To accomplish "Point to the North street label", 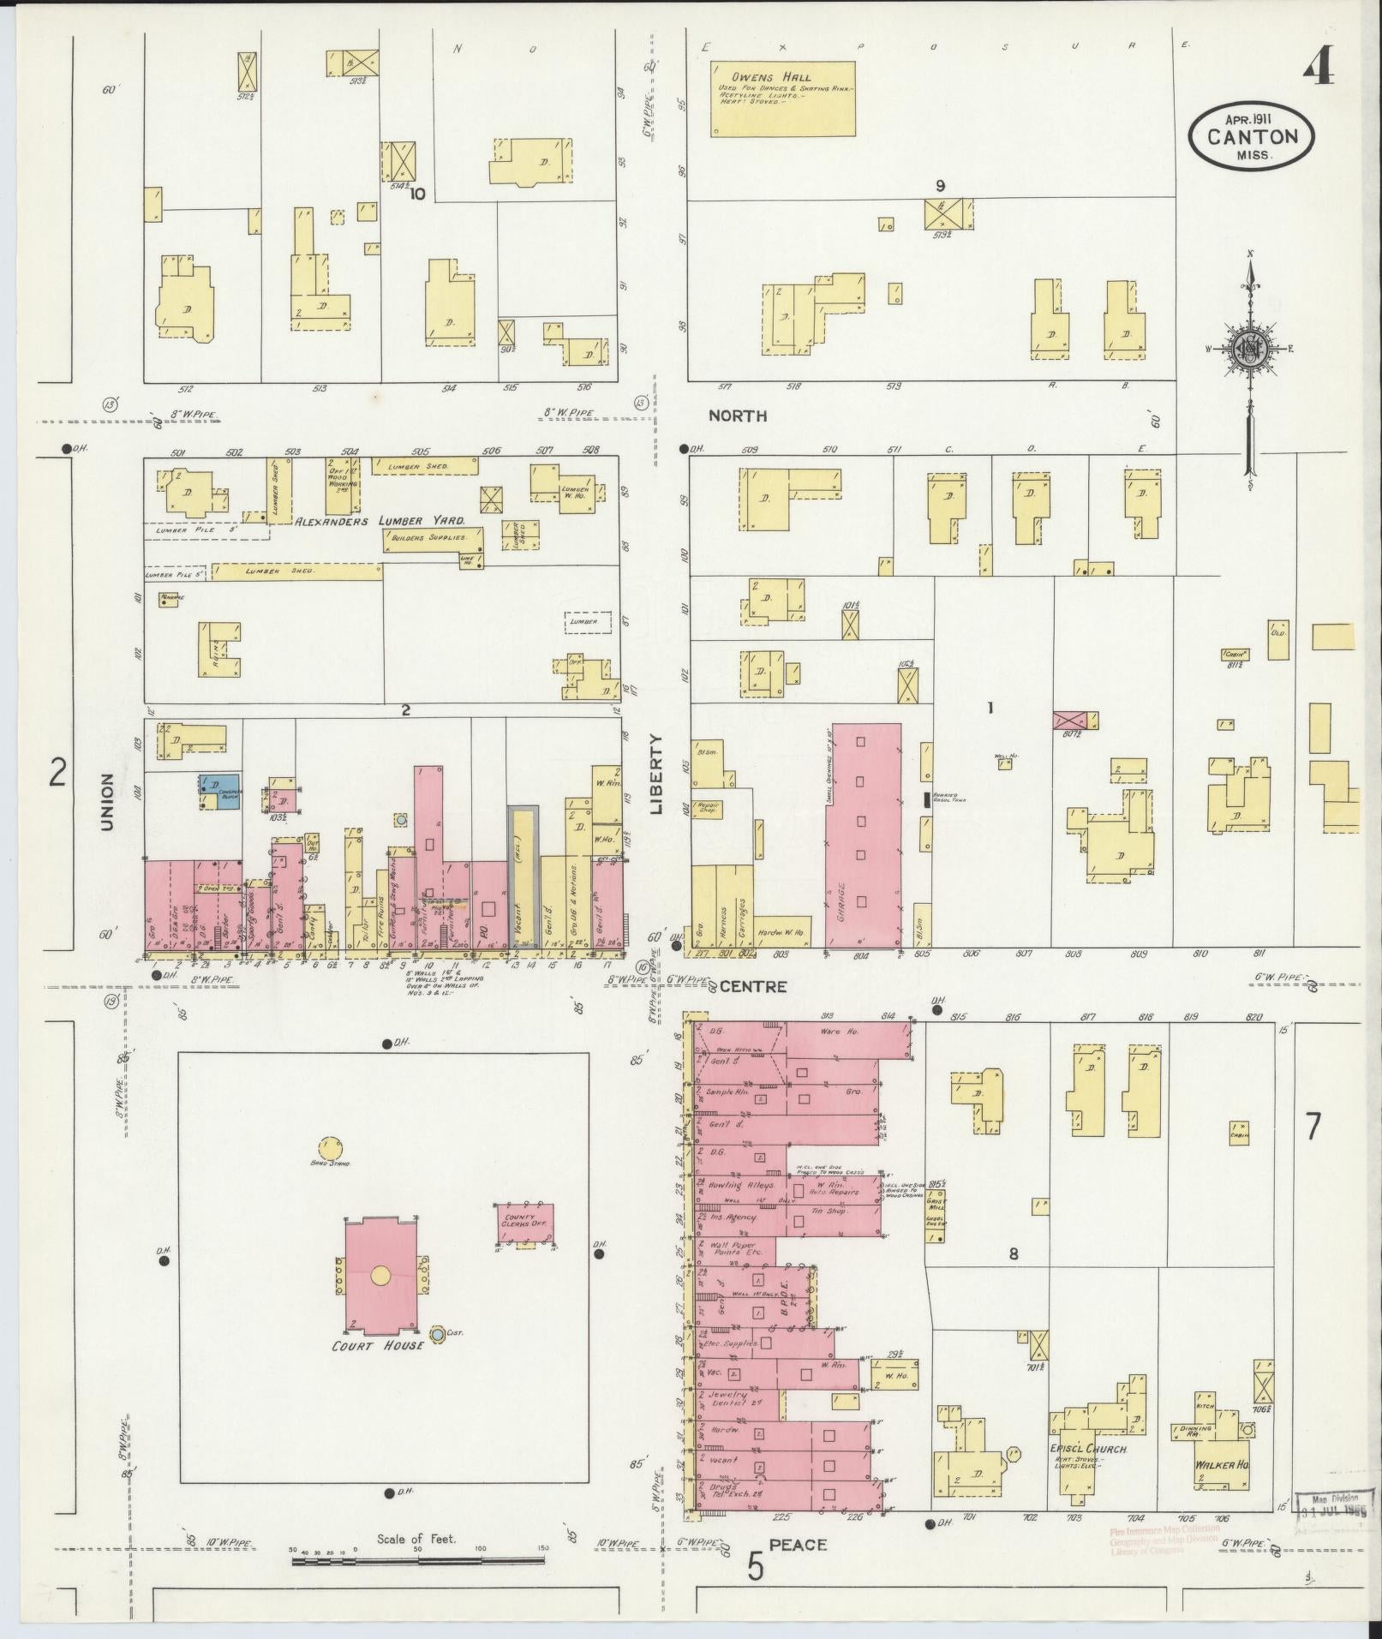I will pyautogui.click(x=737, y=416).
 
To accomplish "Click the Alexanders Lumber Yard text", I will pyautogui.click(x=380, y=521).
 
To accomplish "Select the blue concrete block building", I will pyautogui.click(x=220, y=793).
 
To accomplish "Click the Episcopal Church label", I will pyautogui.click(x=1087, y=1450).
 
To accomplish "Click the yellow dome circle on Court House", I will pyautogui.click(x=380, y=1275).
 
